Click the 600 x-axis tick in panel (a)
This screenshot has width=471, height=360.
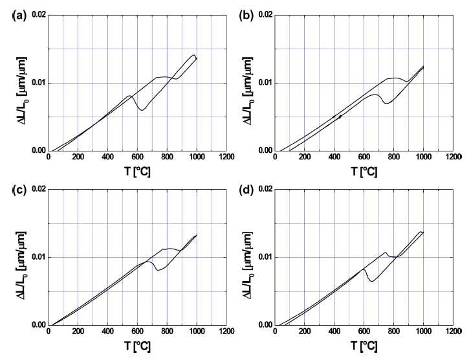point(138,158)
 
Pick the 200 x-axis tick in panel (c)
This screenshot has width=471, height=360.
point(78,333)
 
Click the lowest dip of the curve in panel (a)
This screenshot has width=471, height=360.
point(142,110)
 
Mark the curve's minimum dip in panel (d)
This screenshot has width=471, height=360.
point(372,280)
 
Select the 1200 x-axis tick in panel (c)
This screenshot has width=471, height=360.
point(226,333)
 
